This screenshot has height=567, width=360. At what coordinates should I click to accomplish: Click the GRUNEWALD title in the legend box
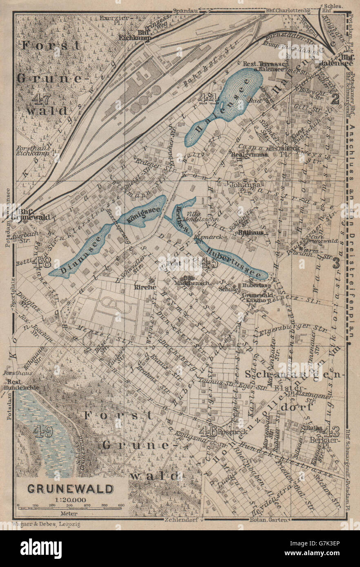(x=71, y=488)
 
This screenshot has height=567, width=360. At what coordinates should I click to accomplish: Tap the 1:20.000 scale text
(x=70, y=498)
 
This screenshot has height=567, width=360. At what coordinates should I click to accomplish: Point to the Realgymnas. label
(x=249, y=155)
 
